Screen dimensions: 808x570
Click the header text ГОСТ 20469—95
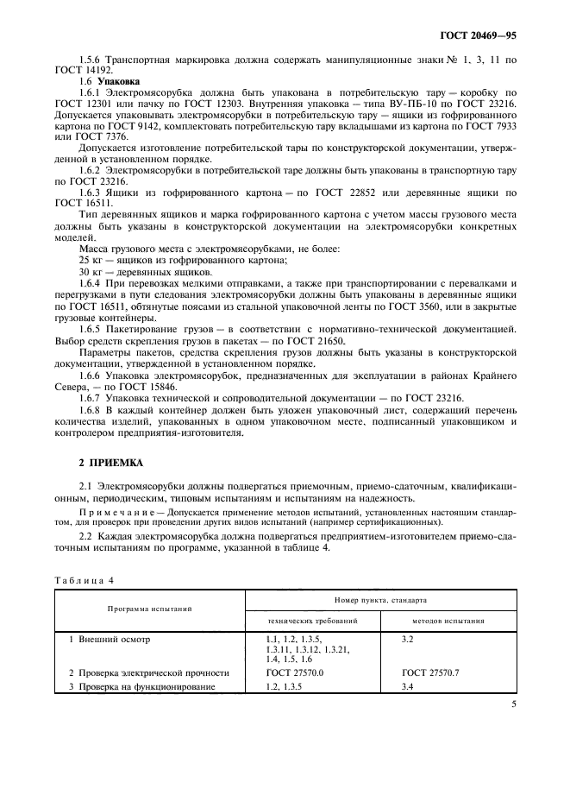[479, 37]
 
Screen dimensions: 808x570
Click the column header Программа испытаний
[149, 609]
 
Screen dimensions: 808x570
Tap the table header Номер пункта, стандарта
[380, 598]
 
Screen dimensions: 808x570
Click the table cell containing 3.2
[409, 640]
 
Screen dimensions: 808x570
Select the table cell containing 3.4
[409, 687]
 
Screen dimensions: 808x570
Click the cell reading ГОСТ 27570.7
[435, 672]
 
